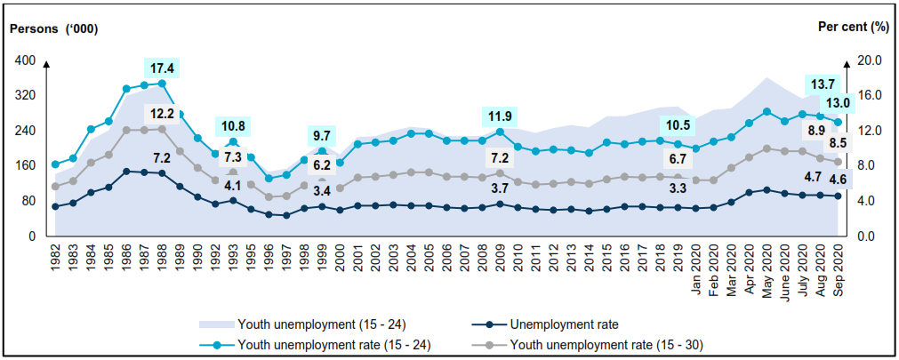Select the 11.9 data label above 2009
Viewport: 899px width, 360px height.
pos(498,116)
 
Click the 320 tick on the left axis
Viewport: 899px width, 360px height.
pos(26,95)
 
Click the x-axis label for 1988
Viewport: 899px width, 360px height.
pos(161,257)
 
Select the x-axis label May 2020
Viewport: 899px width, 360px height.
pos(767,264)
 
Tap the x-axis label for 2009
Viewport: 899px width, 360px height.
pos(499,257)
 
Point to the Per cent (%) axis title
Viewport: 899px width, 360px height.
pos(853,27)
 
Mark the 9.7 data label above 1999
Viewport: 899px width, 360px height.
pos(321,136)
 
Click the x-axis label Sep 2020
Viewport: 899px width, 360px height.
pos(838,264)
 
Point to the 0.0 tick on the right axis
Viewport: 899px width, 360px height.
pos(870,236)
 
